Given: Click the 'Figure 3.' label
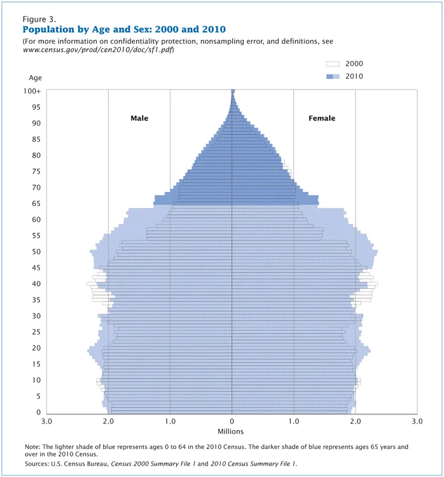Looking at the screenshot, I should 39,19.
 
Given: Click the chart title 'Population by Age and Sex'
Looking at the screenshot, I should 124,30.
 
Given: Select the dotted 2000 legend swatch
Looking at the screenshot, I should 333,64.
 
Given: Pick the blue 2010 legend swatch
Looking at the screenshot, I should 333,76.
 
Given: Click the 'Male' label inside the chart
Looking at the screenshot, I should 139,118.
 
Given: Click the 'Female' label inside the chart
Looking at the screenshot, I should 322,118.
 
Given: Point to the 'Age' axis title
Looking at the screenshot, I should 36,78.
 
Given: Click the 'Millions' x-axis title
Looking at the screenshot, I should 232,432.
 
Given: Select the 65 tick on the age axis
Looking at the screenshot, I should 37,204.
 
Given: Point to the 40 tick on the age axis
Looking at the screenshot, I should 37,284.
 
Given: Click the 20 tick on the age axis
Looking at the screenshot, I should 37,348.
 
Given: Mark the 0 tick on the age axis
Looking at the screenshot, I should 39,412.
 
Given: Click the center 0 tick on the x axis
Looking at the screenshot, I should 232,422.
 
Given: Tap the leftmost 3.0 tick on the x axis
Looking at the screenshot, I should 46,422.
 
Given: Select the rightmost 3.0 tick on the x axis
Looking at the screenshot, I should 417,422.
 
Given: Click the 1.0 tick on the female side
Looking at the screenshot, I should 294,422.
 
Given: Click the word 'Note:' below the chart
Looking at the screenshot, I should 32,447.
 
